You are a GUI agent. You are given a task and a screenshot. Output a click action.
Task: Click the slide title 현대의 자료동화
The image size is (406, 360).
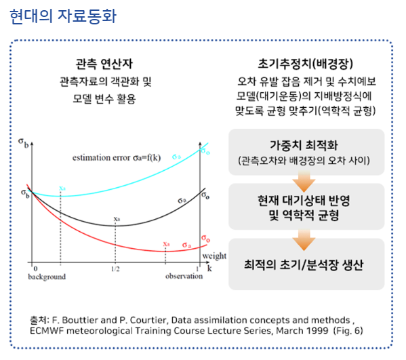pos(63,16)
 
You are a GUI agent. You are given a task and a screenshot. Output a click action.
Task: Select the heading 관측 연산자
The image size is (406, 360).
pos(104,64)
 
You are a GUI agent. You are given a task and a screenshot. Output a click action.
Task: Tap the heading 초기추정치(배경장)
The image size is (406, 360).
pos(305,64)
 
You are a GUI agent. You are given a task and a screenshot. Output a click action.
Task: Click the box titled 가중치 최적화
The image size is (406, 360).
pos(306,152)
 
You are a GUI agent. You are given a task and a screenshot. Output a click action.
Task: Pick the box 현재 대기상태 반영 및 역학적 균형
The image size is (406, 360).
pos(306,207)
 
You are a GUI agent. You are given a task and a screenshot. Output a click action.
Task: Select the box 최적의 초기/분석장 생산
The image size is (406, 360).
pos(306,264)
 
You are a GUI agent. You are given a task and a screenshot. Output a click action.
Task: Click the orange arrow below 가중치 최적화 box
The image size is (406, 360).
pos(304,182)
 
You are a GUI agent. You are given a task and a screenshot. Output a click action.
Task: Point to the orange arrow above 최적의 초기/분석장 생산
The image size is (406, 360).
pos(304,240)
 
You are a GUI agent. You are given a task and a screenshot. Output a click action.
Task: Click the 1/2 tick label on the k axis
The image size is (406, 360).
pos(115,269)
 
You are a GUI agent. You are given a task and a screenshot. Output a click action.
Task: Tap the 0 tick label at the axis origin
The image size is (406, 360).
pos(36,269)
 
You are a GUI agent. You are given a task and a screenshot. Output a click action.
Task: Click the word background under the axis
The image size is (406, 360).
pos(47,277)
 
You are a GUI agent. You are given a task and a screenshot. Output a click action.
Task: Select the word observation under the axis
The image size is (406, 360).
pos(184,277)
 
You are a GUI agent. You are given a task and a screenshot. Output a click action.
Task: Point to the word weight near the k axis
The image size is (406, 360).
pos(214,256)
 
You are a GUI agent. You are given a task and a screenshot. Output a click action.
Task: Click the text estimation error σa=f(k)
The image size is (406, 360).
pos(117,157)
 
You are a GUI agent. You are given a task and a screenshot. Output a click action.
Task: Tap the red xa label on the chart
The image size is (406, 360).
pos(166,244)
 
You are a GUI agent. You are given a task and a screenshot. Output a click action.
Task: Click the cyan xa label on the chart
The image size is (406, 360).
pos(62,188)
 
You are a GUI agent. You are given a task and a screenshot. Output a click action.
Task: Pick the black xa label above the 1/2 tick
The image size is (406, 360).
pos(117,219)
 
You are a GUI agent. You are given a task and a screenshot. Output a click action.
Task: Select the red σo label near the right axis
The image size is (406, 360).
pos(206,238)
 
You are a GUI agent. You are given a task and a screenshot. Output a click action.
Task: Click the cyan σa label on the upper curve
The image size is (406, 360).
pos(177,157)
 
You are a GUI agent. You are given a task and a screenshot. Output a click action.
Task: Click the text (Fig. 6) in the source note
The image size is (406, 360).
pos(348,331)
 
